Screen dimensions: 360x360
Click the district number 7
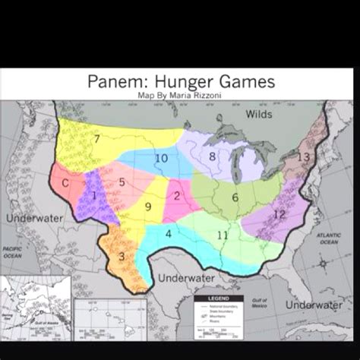click(x=96, y=138)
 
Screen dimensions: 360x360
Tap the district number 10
click(x=161, y=158)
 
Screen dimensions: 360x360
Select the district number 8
click(x=213, y=156)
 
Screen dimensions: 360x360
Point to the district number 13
click(x=304, y=157)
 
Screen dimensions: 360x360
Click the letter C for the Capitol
click(x=66, y=183)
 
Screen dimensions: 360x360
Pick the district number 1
click(x=93, y=195)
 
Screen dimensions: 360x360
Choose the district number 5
click(x=122, y=182)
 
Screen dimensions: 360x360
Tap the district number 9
click(x=149, y=207)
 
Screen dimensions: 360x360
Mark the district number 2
click(x=177, y=196)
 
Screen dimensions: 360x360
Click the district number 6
click(x=235, y=197)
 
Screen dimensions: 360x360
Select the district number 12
click(x=279, y=215)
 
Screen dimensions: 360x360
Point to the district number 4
click(x=169, y=233)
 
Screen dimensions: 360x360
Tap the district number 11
click(x=222, y=235)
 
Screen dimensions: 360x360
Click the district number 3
click(x=122, y=257)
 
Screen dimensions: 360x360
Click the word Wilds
click(x=259, y=114)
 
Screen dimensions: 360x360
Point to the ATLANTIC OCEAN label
click(x=329, y=238)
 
